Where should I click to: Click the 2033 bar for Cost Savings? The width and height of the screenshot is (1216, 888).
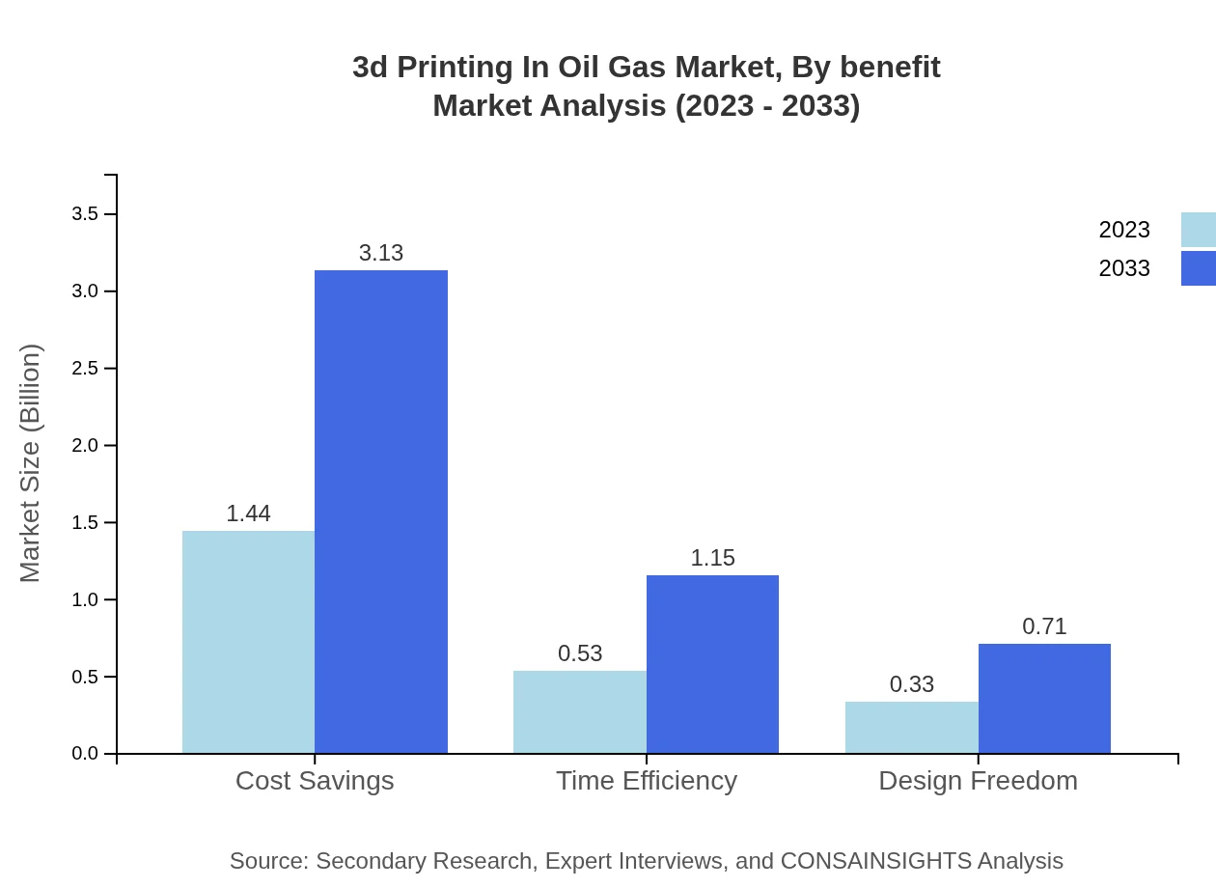click(x=381, y=512)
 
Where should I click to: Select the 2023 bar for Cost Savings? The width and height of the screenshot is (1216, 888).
click(x=248, y=642)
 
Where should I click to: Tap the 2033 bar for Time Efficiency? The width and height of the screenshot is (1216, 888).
click(x=712, y=664)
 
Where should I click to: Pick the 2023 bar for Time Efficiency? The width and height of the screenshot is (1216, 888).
click(x=580, y=711)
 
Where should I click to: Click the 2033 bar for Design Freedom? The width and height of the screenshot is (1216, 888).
click(x=1044, y=698)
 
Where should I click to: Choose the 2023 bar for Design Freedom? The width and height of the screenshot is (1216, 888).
click(x=911, y=727)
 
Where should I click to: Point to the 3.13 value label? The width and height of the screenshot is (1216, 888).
click(x=381, y=253)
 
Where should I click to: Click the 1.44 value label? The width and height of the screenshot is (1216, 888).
click(x=248, y=513)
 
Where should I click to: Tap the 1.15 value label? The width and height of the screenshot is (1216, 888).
click(x=712, y=558)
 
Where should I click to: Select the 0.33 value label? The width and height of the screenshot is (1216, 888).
click(x=911, y=684)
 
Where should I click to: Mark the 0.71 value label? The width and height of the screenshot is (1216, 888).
click(x=1044, y=626)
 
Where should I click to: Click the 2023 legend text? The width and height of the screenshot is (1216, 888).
click(x=1123, y=230)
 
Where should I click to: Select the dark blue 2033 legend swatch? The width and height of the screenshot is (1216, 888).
click(x=1198, y=268)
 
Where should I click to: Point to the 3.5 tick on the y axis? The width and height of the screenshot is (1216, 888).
click(x=85, y=214)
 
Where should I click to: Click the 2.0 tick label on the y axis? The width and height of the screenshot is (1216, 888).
click(x=85, y=445)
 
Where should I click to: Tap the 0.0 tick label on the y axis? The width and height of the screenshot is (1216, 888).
click(x=85, y=754)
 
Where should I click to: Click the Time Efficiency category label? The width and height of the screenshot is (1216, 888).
click(x=646, y=780)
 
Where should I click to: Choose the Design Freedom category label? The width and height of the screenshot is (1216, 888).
click(x=978, y=780)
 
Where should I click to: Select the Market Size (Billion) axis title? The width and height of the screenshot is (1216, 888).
click(x=30, y=463)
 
